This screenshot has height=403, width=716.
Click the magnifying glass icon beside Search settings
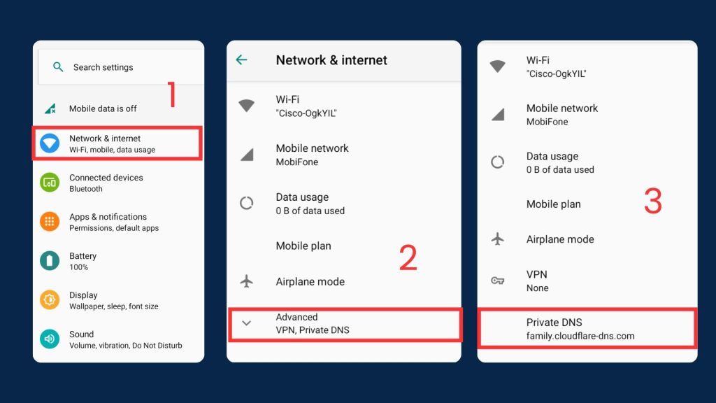[58, 67]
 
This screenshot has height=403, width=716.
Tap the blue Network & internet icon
[50, 143]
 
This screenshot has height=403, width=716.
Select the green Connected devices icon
[50, 183]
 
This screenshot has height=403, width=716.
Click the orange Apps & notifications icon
[50, 222]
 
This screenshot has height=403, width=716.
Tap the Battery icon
[50, 261]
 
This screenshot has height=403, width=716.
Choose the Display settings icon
[50, 300]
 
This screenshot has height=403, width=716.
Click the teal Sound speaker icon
[50, 339]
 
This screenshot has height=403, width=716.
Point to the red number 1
[172, 94]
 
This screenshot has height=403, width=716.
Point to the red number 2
[408, 257]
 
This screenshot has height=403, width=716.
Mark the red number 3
[653, 201]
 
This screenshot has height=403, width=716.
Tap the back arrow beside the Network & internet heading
[241, 59]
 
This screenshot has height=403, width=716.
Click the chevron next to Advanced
[247, 323]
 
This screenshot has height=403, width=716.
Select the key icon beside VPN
[498, 281]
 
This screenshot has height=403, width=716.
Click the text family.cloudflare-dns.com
[580, 336]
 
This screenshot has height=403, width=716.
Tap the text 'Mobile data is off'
[103, 108]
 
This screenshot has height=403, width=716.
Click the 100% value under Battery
[78, 267]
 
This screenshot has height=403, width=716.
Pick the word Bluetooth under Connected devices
[86, 189]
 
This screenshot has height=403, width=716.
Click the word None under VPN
[538, 288]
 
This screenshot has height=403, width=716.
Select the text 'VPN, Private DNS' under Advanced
[313, 330]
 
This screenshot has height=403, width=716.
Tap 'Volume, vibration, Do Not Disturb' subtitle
[126, 346]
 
